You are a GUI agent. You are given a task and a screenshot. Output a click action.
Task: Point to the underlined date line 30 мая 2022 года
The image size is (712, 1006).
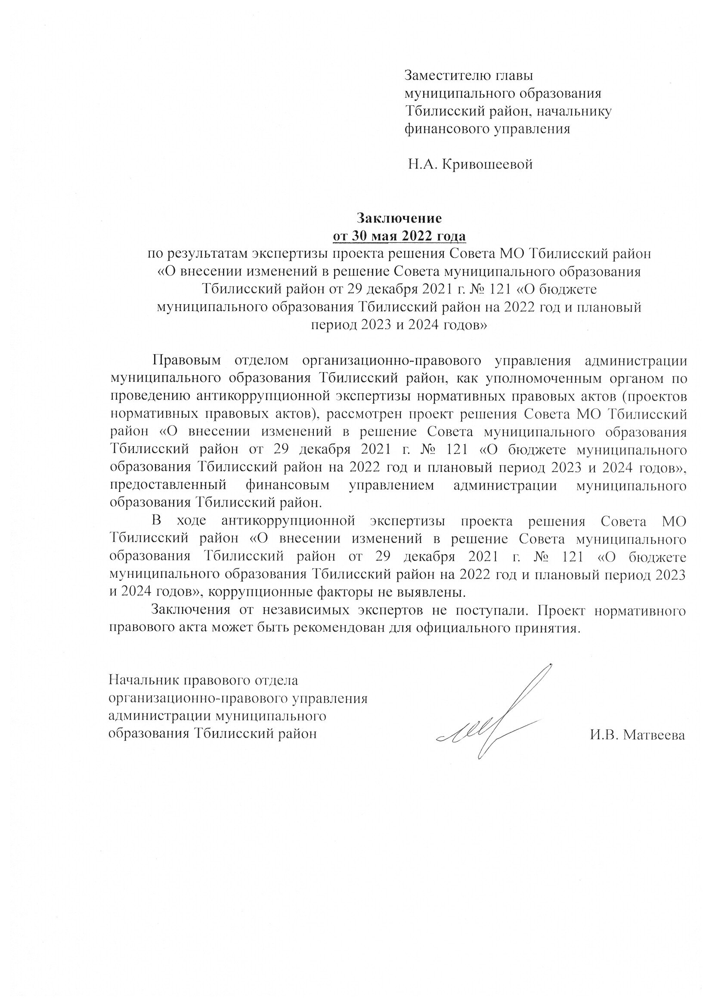(x=399, y=236)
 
